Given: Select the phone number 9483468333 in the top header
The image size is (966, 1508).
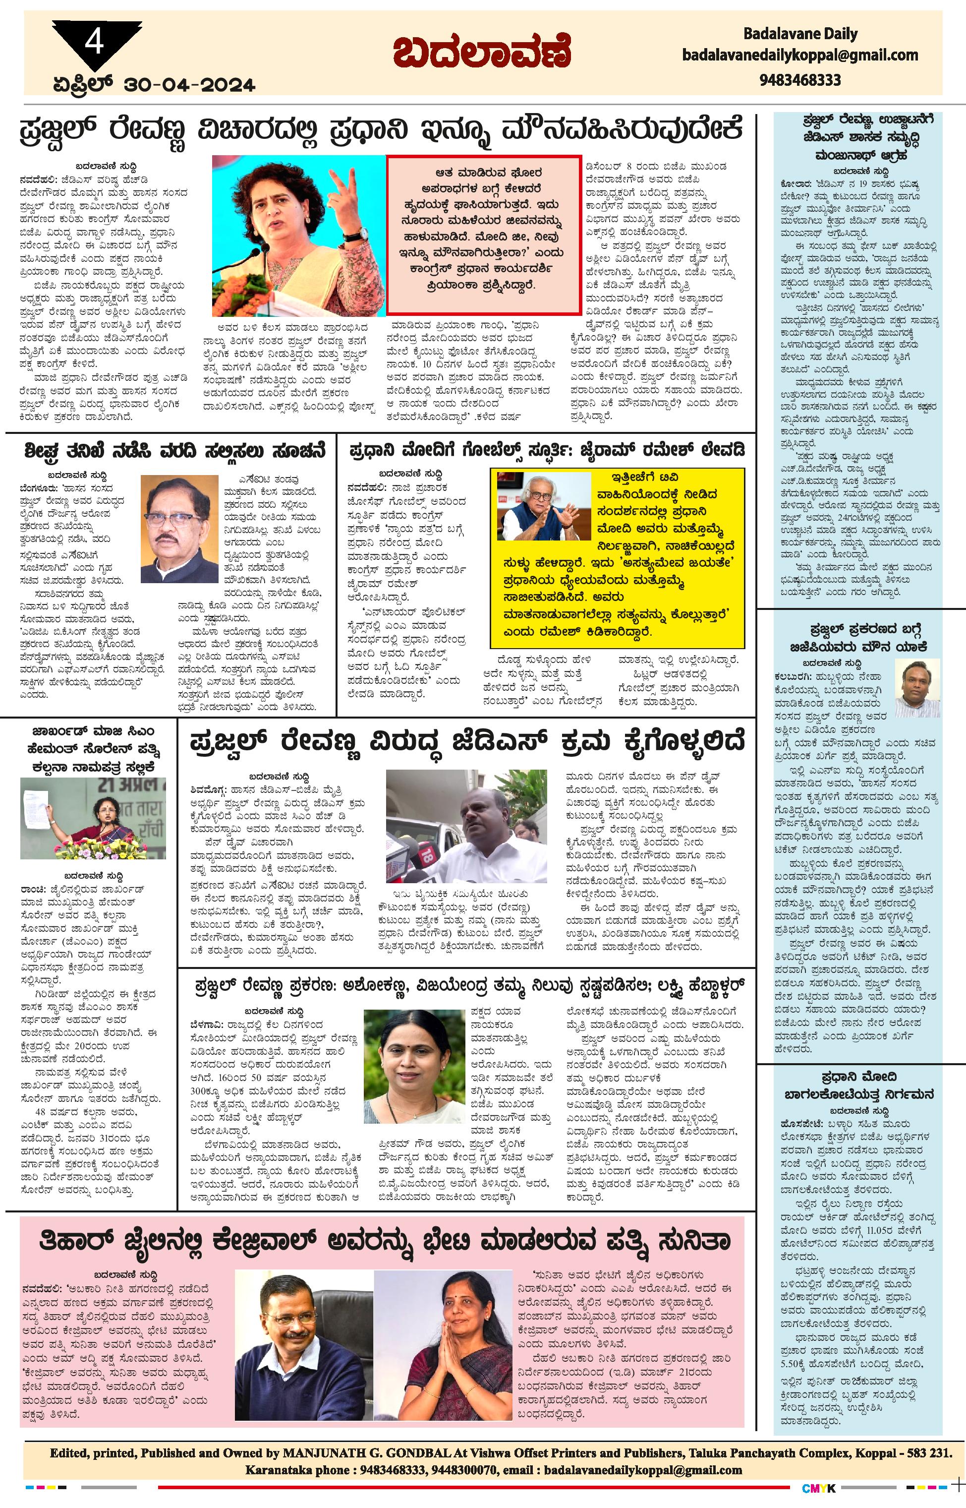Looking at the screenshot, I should coord(800,80).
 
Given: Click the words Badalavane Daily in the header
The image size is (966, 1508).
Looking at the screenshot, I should coord(800,34).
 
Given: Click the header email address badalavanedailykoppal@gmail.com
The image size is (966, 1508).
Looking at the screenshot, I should coord(800,56).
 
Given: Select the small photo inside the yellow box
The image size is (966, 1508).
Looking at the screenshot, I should coord(543,506).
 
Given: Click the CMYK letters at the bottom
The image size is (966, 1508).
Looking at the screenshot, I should coord(819,1488).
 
